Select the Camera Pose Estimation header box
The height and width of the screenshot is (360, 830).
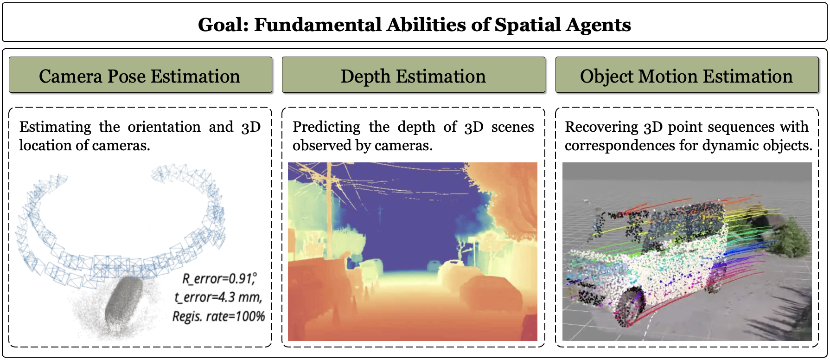pos(140,75)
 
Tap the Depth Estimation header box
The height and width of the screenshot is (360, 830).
pos(414,75)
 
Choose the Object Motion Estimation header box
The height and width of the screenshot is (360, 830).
pos(687,75)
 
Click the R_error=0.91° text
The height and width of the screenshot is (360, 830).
pos(219,278)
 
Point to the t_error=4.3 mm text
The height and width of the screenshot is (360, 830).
pos(218,297)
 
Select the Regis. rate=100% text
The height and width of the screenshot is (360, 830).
pos(218,316)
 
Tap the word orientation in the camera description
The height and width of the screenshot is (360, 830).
pos(164,127)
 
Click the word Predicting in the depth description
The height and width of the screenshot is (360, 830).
pos(326,127)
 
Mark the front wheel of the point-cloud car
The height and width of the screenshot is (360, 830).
pos(628,305)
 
